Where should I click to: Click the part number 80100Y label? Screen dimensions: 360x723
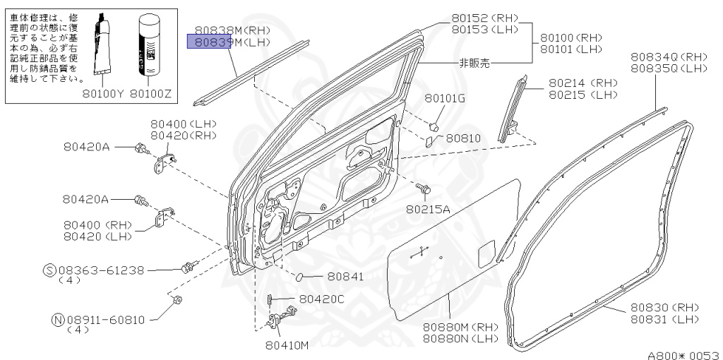[103, 92]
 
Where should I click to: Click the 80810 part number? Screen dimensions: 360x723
[462, 138]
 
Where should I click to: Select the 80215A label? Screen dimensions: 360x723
[428, 209]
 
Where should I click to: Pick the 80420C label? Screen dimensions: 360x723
[321, 299]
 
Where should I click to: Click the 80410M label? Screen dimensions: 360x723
[287, 345]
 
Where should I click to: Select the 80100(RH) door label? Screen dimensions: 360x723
[571, 37]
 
